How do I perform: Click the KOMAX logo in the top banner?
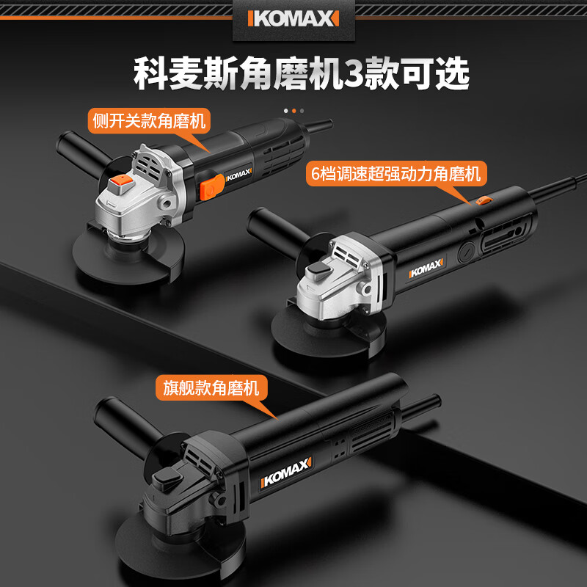pos(293,18)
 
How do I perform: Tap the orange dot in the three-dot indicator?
pos(293,110)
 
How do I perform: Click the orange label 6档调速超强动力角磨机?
pos(395,174)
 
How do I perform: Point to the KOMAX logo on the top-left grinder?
pos(236,175)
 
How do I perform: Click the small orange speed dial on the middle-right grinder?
pos(482,200)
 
